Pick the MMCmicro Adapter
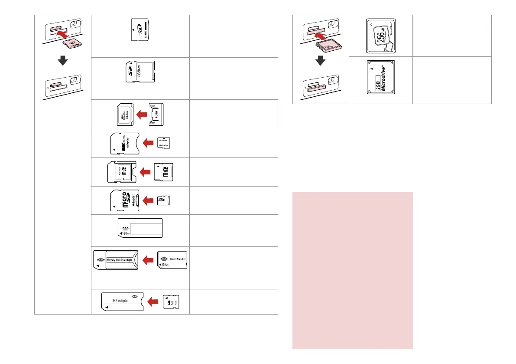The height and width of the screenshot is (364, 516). click(123, 143)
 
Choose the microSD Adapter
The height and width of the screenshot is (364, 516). click(123, 201)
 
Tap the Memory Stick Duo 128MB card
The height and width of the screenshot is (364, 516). click(172, 260)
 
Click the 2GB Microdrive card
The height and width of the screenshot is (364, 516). click(381, 80)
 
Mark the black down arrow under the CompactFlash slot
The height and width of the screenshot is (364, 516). click(320, 61)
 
